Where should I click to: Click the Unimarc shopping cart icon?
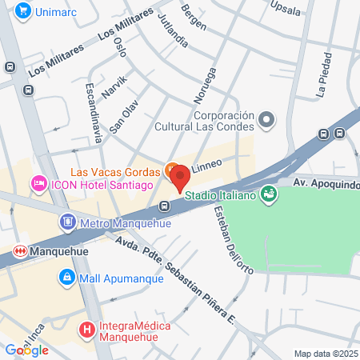(22, 11)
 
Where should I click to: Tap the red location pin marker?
(179, 175)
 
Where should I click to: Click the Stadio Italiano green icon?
(268, 194)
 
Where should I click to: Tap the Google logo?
(26, 350)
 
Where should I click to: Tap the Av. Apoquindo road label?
(326, 184)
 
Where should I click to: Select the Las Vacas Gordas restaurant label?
(115, 171)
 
